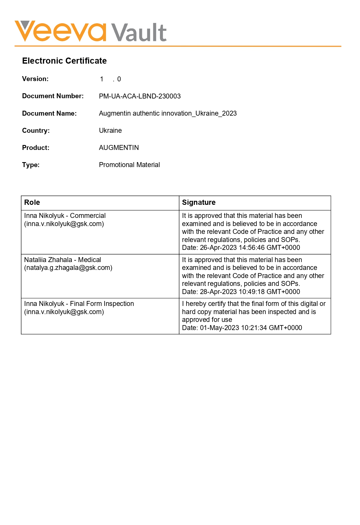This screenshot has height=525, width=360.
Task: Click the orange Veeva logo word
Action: point(60,31)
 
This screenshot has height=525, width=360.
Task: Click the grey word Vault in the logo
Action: point(139,32)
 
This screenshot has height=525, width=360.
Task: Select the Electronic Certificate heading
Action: point(64,61)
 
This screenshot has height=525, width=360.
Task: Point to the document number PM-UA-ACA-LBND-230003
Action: point(140,96)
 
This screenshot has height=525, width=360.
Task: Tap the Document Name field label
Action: point(49,113)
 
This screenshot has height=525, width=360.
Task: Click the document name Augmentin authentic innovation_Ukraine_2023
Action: point(168,113)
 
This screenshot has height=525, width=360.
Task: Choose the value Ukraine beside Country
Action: point(110,130)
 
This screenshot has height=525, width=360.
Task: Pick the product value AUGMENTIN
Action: point(119,148)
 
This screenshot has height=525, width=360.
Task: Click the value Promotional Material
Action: point(129,165)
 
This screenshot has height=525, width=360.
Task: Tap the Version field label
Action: point(35,79)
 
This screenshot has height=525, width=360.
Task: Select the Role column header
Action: point(32,203)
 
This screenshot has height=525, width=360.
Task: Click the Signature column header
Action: point(199,203)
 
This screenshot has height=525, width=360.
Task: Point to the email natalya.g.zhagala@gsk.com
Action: point(68,268)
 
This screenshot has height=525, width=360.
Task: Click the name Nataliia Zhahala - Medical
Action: point(62,260)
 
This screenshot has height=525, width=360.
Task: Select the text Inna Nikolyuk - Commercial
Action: point(65,216)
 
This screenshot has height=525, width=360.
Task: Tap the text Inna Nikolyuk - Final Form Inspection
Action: point(79,304)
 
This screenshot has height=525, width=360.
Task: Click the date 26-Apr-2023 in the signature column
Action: point(218,248)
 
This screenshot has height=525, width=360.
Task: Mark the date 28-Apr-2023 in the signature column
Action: point(218,292)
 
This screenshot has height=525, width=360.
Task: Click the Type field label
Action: point(31,165)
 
